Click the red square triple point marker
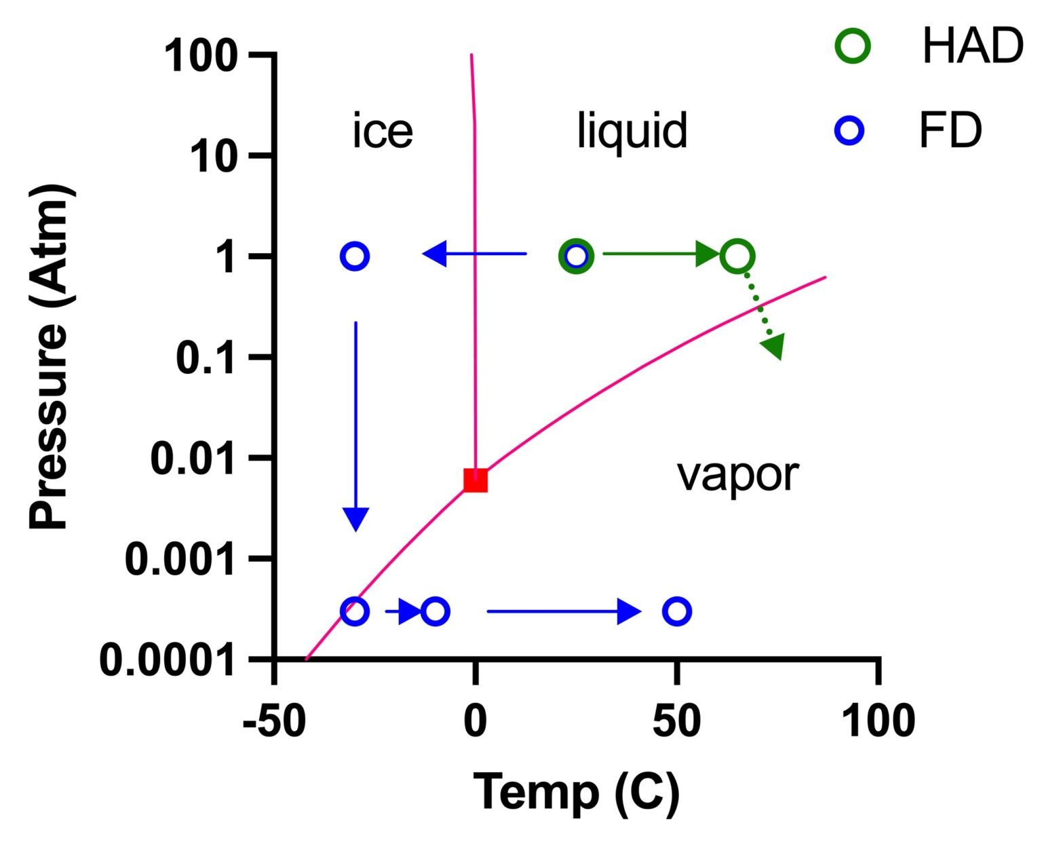[x=476, y=480]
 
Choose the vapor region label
[x=737, y=475]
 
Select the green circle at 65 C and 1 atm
[x=738, y=256]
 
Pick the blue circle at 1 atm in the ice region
[x=354, y=256]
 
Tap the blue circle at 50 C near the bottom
[x=676, y=611]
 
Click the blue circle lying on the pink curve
[x=354, y=611]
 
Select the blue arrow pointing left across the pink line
[x=475, y=254]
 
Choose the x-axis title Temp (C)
[x=575, y=792]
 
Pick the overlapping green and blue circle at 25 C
[x=576, y=256]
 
